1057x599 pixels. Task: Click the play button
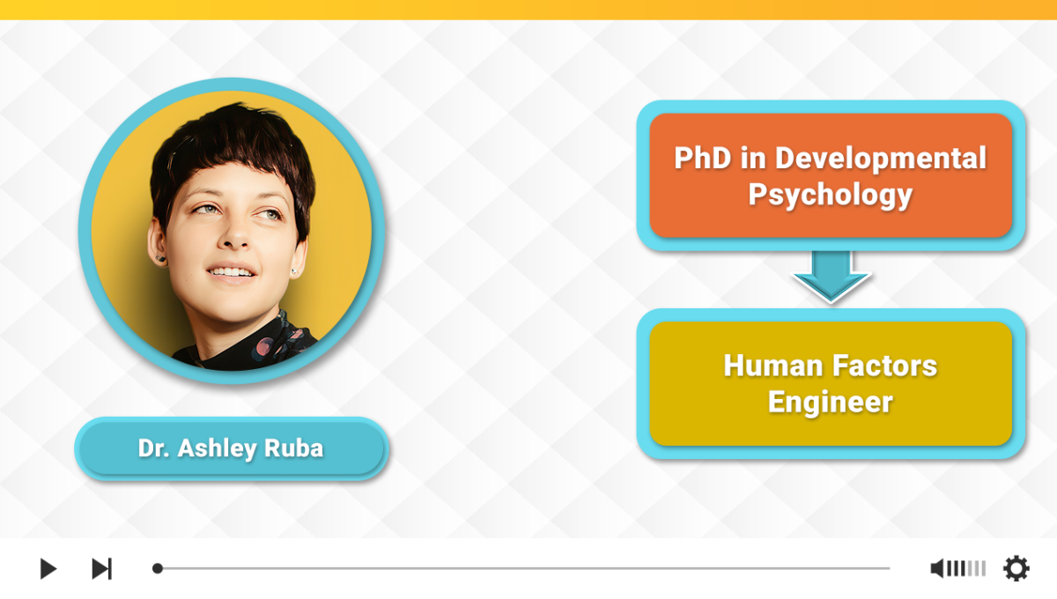pyautogui.click(x=48, y=568)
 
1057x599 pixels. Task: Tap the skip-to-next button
pyautogui.click(x=101, y=568)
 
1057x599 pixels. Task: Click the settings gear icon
pyautogui.click(x=1016, y=568)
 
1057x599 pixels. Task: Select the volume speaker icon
pyautogui.click(x=937, y=568)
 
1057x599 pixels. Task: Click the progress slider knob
pyautogui.click(x=158, y=568)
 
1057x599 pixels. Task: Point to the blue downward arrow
pyautogui.click(x=831, y=277)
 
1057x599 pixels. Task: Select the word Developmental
pyautogui.click(x=881, y=158)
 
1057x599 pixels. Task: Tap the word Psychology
pyautogui.click(x=830, y=195)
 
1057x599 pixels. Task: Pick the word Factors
pyautogui.click(x=884, y=366)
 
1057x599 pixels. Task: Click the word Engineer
pyautogui.click(x=830, y=403)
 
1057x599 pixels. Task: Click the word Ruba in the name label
pyautogui.click(x=293, y=448)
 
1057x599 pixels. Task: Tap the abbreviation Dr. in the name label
pyautogui.click(x=154, y=448)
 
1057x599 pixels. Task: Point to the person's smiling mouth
pyautogui.click(x=231, y=273)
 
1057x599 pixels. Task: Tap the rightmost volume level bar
pyautogui.click(x=983, y=568)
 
